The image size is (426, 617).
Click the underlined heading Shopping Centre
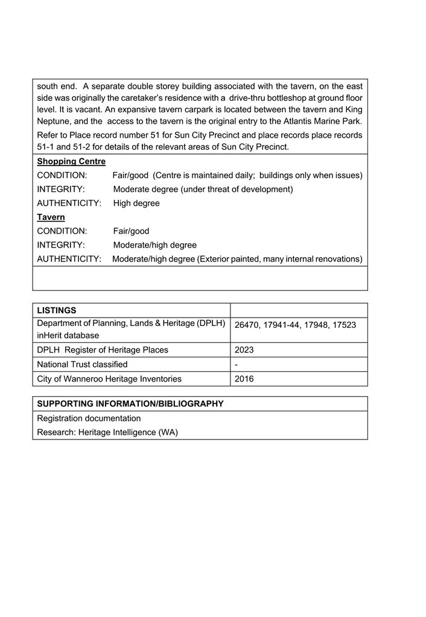pos(71,162)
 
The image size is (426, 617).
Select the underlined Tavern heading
pos(51,217)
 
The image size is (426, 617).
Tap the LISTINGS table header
pos(57,310)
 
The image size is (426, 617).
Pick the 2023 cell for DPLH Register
pos(244,350)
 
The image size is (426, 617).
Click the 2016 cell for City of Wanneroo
pos(244,379)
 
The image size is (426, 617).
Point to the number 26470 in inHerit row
pos(246,325)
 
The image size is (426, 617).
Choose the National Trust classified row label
pos(82,365)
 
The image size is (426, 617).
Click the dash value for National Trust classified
pos(237,365)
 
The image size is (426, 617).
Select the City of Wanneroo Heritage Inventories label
pos(109,379)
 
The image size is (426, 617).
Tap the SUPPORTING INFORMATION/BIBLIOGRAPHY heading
pos(130,404)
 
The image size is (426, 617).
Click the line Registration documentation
pos(89,418)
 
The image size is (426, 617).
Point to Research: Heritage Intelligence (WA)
pos(107,433)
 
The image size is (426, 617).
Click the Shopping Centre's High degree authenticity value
pos(136,203)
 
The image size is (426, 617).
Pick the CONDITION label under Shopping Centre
pos(62,176)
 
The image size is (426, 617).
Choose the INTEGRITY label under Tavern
pos(61,245)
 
